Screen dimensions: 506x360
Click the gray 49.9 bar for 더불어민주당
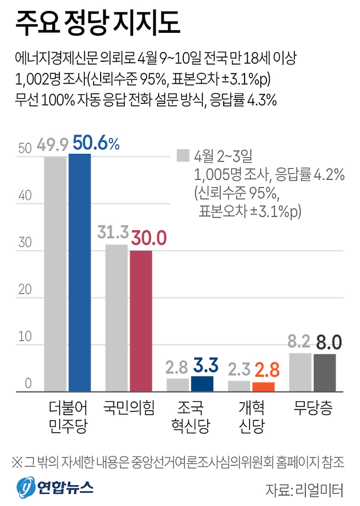pyautogui.click(x=55, y=274)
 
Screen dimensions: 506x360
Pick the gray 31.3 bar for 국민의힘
pyautogui.click(x=116, y=317)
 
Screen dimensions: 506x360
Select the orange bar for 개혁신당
pyautogui.click(x=263, y=386)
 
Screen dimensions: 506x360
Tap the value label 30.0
pyautogui.click(x=148, y=239)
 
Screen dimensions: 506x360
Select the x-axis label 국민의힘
pyautogui.click(x=129, y=408)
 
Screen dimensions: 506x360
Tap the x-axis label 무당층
pyautogui.click(x=312, y=408)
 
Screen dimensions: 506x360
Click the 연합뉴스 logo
pyautogui.click(x=55, y=485)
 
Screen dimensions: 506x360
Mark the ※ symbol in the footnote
pyautogui.click(x=18, y=462)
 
